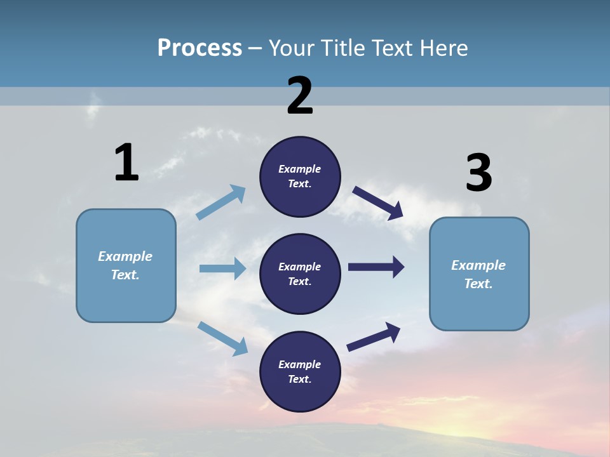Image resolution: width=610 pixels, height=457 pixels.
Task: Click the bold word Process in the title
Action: [200, 48]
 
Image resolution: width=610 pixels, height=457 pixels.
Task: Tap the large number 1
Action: [126, 162]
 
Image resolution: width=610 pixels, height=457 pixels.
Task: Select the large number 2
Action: [300, 96]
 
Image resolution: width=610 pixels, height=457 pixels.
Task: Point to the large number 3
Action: [478, 173]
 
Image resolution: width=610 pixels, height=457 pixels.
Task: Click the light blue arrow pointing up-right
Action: [221, 202]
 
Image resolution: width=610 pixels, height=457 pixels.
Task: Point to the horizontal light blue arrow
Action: [222, 268]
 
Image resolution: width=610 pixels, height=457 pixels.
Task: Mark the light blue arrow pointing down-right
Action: [223, 338]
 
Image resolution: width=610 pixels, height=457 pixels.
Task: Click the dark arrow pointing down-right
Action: [378, 203]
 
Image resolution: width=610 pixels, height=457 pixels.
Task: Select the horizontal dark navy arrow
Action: [376, 267]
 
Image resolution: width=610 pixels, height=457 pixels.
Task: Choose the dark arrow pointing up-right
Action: [374, 337]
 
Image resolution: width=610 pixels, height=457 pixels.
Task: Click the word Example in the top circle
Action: [300, 169]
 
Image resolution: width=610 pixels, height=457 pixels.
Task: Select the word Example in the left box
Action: [125, 256]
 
